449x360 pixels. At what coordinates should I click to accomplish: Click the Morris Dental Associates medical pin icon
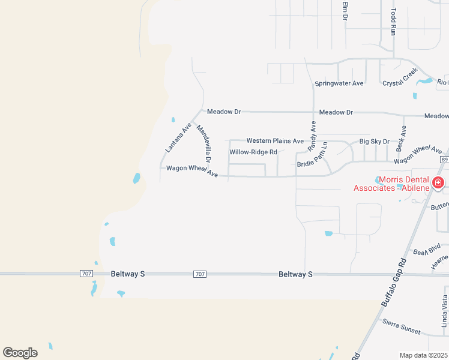tap(439, 182)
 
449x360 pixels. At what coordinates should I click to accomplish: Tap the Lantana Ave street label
tap(178, 137)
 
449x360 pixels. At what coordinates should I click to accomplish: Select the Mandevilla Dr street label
tap(204, 145)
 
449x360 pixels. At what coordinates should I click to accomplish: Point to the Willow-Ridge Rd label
tap(253, 152)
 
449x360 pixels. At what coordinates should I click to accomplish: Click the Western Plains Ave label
tap(275, 140)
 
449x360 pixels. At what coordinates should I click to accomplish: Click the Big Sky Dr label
tap(374, 142)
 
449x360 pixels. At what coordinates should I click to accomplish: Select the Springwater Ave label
tap(339, 83)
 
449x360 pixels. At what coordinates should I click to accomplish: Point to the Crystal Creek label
tap(400, 77)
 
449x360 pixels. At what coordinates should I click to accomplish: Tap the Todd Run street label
tap(393, 22)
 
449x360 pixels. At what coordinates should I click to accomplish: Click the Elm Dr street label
tap(345, 11)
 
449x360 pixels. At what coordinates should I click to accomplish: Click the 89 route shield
tap(444, 160)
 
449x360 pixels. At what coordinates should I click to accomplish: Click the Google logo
tap(20, 352)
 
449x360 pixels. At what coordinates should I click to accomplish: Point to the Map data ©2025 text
tap(424, 355)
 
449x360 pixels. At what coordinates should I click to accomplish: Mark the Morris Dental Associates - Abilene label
tap(391, 184)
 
